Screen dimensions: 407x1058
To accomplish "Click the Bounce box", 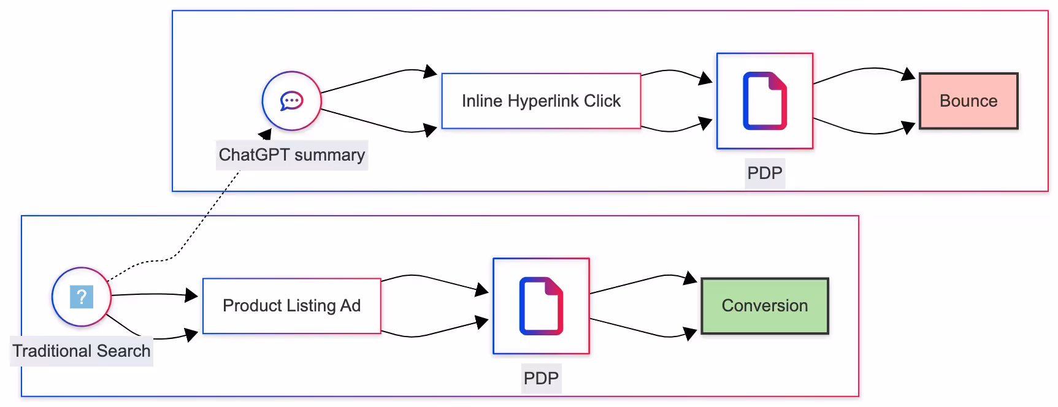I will [x=968, y=101].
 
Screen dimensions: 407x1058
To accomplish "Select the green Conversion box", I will [x=764, y=306].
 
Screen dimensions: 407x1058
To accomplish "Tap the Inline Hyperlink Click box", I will [x=541, y=101].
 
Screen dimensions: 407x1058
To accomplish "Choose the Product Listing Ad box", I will [x=291, y=306].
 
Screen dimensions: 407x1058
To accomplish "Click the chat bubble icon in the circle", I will [x=291, y=101].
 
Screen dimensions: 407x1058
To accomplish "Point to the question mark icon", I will [x=82, y=297].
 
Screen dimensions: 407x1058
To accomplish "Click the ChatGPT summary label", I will [x=291, y=155].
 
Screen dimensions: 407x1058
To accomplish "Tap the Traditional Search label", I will [x=82, y=351].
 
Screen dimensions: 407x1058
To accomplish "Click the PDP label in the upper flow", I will [x=764, y=173].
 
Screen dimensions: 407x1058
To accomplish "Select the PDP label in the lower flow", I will [x=540, y=378].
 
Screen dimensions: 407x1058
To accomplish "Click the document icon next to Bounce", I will [x=764, y=101].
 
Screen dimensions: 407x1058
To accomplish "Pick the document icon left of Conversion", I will [x=540, y=306].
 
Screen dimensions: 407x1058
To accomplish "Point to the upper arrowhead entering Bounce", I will [x=908, y=74].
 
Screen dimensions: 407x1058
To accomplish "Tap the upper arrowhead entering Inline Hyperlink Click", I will [x=431, y=72].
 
